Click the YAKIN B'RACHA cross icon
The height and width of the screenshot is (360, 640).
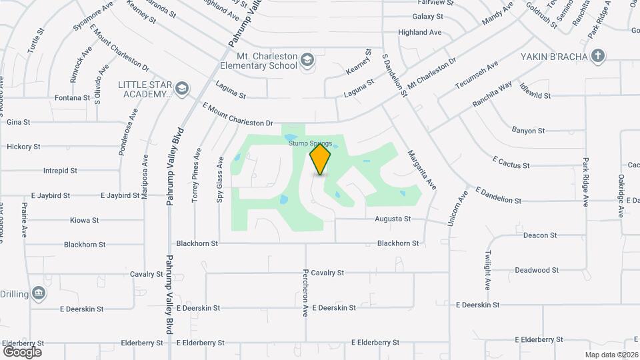coord(598,55)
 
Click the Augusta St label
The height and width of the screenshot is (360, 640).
coord(393,219)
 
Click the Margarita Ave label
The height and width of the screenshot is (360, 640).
coord(421,169)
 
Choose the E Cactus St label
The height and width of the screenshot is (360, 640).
coord(511,162)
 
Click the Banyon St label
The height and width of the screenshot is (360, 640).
coord(529,131)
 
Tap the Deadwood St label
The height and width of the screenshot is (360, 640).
coord(537,270)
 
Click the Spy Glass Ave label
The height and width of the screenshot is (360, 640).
coord(219,179)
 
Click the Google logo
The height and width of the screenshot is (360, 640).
coord(22,351)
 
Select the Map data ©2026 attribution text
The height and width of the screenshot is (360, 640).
coord(611,355)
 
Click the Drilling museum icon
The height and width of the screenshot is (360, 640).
coord(39,293)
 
